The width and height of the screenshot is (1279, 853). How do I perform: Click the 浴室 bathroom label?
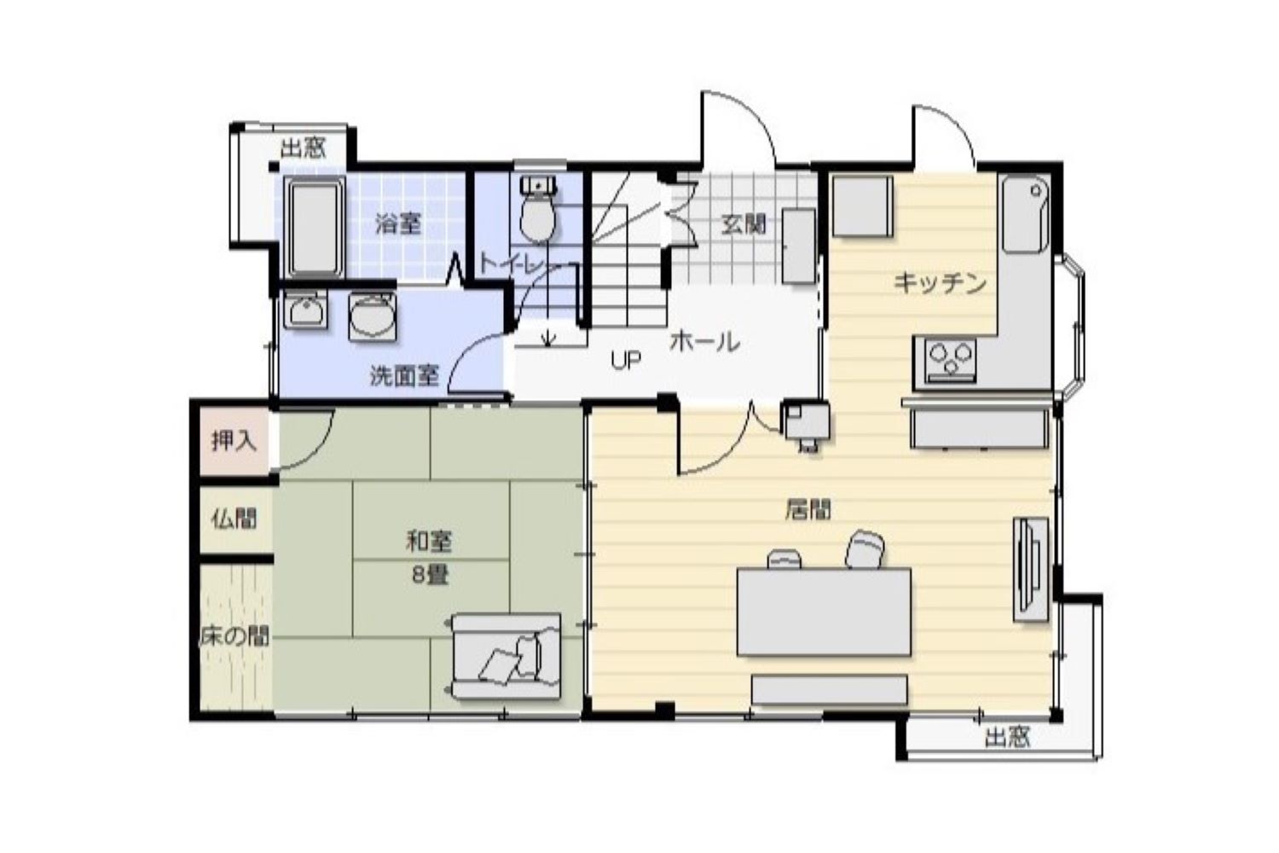(x=398, y=223)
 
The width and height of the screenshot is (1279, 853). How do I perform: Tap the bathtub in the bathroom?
(x=314, y=227)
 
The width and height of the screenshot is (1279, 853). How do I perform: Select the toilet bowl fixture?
(x=538, y=209)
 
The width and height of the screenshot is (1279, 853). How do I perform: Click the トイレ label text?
(x=513, y=264)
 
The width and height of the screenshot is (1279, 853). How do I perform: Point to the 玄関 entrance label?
(x=743, y=224)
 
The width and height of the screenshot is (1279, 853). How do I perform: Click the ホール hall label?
(x=705, y=342)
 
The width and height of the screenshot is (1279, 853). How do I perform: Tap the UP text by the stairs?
(x=626, y=360)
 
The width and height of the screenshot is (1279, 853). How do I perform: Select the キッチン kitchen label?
(x=940, y=283)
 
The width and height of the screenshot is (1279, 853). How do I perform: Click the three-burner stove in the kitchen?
(x=950, y=360)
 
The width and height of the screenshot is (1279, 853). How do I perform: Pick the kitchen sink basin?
(x=1026, y=214)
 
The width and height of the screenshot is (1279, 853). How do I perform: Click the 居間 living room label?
(x=808, y=509)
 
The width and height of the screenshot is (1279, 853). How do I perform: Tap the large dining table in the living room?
(x=824, y=612)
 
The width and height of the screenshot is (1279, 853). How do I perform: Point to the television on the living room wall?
(x=1031, y=569)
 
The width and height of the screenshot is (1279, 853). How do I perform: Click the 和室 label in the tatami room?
(x=429, y=541)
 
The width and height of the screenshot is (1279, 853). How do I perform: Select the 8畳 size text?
(x=430, y=575)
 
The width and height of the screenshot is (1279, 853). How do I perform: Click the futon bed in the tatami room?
(x=506, y=657)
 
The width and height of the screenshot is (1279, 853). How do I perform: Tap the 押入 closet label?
(x=234, y=440)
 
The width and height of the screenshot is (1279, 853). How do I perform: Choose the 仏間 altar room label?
(x=234, y=519)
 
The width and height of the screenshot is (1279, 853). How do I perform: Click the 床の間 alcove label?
(x=234, y=636)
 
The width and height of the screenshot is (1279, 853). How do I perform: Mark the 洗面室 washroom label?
(x=404, y=375)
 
